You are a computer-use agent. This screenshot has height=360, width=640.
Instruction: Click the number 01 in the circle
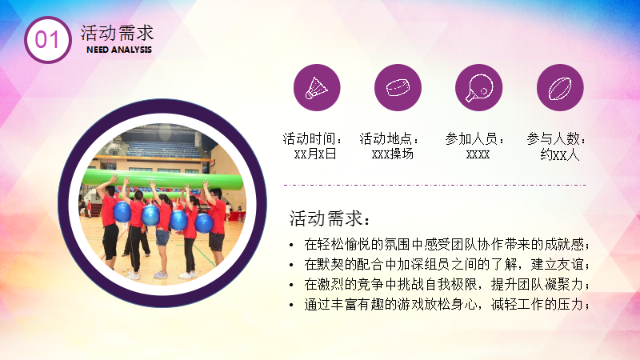click(x=47, y=39)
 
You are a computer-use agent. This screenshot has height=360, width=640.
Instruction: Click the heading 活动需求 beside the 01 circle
click(x=117, y=33)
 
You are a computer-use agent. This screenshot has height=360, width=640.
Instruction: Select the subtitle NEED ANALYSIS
click(x=119, y=50)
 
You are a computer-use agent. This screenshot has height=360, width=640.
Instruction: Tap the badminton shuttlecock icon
click(x=317, y=88)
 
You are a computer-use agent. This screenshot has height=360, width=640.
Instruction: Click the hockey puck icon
click(x=398, y=88)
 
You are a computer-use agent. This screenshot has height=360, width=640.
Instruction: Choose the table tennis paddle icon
click(x=478, y=88)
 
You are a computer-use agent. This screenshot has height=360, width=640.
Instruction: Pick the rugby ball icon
click(x=559, y=88)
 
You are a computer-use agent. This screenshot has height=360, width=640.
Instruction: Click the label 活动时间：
click(x=312, y=138)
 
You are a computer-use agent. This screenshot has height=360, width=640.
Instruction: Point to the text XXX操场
click(x=393, y=154)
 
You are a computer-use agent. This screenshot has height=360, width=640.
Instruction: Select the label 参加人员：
click(x=474, y=138)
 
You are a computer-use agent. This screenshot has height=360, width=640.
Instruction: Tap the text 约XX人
click(x=559, y=154)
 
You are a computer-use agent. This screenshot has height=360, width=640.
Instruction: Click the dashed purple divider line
click(x=434, y=185)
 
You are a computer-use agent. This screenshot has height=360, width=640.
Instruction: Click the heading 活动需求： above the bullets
click(x=330, y=218)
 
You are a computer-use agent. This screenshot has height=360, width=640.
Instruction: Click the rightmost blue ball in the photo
click(x=204, y=223)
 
